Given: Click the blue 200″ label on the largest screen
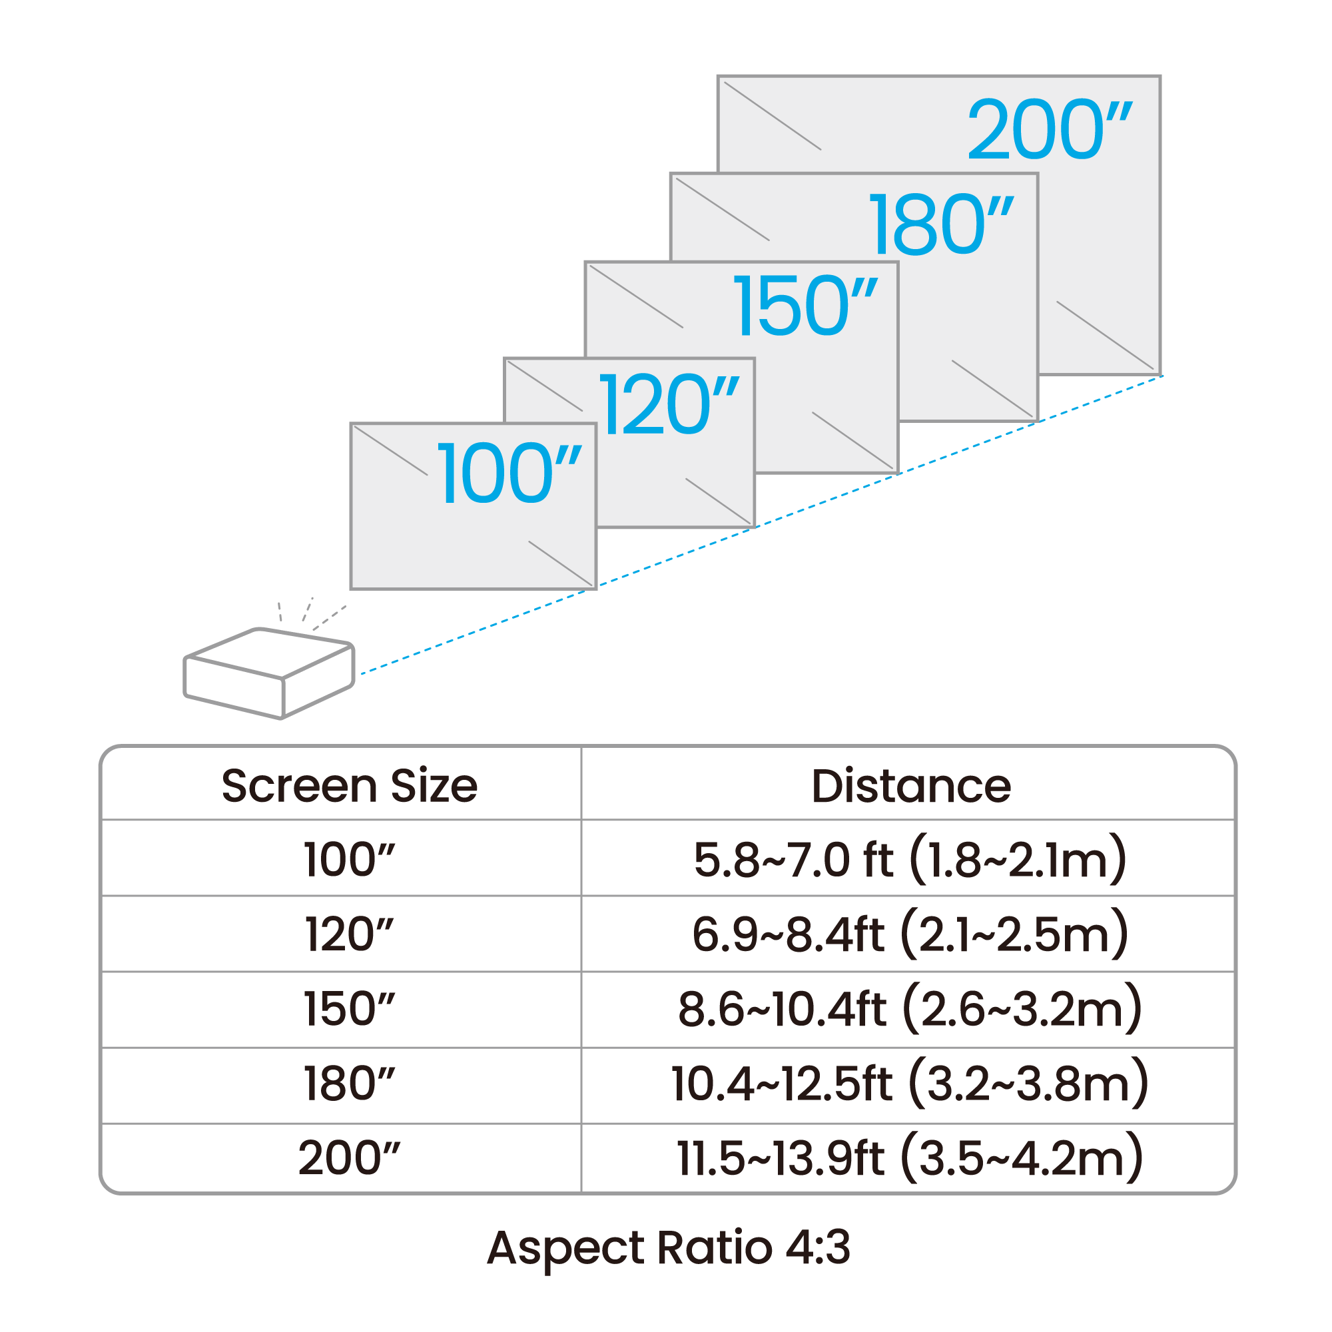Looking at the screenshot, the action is tap(1050, 129).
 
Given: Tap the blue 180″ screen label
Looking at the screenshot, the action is tap(942, 224).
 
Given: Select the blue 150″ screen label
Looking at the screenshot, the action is tap(806, 305).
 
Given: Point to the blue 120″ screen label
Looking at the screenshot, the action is tap(669, 404).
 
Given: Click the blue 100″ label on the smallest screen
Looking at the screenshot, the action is tap(510, 473).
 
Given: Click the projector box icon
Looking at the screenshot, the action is tap(269, 673).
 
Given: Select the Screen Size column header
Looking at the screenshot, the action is tap(350, 786).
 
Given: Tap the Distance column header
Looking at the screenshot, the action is tap(910, 786).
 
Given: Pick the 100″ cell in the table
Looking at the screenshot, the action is tap(350, 860).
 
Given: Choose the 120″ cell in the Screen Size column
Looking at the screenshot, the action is tap(350, 935).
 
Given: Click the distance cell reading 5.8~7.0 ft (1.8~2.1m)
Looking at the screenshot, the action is tap(910, 860).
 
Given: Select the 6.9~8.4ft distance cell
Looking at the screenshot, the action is tap(910, 935).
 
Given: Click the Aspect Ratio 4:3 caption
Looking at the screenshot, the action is tap(669, 1249).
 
